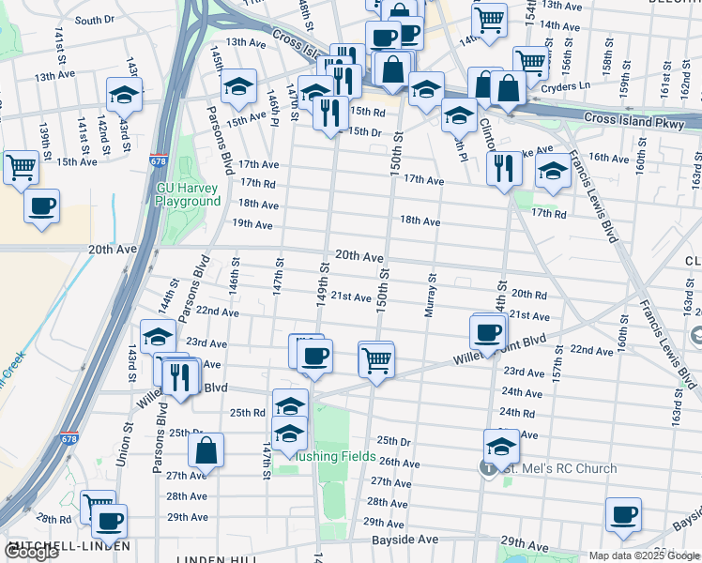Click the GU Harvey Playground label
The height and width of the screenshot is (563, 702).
coord(188,194)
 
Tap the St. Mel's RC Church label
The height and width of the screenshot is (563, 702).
coord(559,468)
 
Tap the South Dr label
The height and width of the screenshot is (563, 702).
coord(94,20)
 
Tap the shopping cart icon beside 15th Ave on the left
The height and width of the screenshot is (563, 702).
coord(21,167)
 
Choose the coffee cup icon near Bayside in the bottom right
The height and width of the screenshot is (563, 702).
coord(623,513)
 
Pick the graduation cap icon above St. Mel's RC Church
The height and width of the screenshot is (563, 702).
coord(501,445)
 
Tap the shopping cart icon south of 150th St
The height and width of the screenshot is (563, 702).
coord(375,358)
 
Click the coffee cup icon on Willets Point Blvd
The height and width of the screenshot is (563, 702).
coord(488,330)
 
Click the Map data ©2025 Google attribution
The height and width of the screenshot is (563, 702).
coord(644,555)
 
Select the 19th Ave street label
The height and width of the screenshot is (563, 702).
coord(252,224)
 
